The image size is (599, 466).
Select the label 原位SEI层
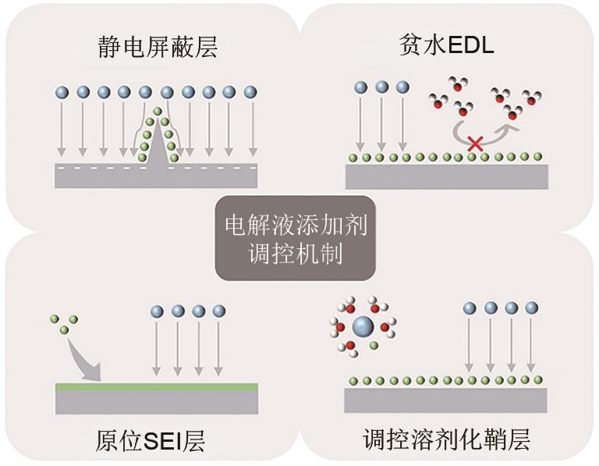pyautogui.click(x=157, y=441)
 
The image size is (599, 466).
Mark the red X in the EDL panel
pyautogui.click(x=475, y=143)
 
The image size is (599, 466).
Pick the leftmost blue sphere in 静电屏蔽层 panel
pyautogui.click(x=62, y=92)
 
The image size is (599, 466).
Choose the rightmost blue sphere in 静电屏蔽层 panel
pyautogui.click(x=250, y=92)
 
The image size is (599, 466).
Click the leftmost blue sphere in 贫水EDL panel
pyautogui.click(x=360, y=87)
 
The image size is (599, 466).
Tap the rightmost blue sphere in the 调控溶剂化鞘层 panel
pyautogui.click(x=531, y=308)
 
